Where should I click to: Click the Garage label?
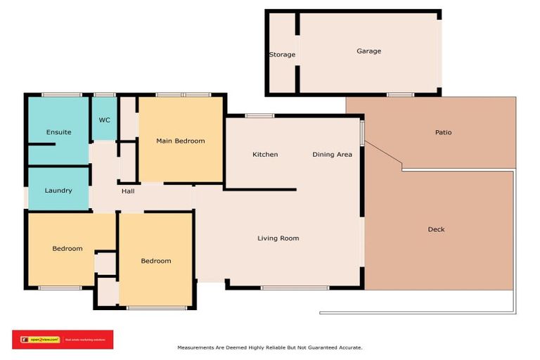(368, 51)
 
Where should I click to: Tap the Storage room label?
(282, 55)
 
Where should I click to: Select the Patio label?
(443, 132)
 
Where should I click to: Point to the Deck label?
(436, 229)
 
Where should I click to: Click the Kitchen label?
(265, 155)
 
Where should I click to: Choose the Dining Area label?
(332, 155)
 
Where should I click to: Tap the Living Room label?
(278, 238)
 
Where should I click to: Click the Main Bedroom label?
(180, 141)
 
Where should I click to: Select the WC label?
(104, 120)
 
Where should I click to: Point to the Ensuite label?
(59, 132)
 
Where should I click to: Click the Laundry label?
(58, 191)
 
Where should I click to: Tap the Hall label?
(127, 191)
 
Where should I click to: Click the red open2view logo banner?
(62, 340)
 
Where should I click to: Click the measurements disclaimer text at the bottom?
(270, 347)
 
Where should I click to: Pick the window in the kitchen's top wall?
(259, 116)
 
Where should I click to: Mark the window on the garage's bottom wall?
(399, 94)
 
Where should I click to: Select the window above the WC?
(105, 94)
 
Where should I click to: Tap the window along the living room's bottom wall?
(294, 288)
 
